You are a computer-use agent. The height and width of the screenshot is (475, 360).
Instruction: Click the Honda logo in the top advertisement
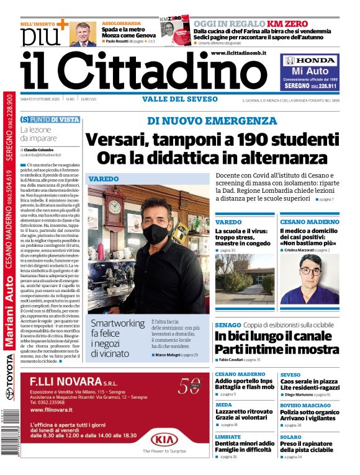(310, 61)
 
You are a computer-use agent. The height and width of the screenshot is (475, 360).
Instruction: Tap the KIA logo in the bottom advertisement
(164, 440)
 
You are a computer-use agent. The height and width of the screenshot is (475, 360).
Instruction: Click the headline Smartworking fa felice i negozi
(117, 338)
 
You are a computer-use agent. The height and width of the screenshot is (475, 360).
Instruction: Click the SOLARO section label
(290, 437)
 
